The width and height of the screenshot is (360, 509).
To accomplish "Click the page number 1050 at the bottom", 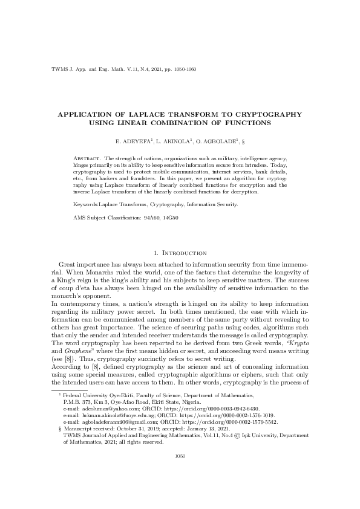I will [180, 473].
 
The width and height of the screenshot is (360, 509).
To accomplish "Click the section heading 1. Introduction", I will [180, 253].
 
